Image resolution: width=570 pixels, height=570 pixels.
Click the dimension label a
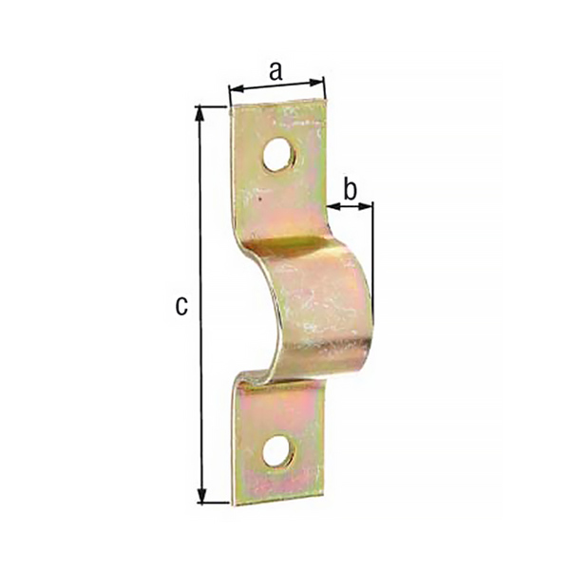point(275,71)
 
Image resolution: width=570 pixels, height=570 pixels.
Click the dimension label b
point(350,189)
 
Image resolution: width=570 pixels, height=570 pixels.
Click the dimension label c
point(181,306)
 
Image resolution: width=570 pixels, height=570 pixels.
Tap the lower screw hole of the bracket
point(279,452)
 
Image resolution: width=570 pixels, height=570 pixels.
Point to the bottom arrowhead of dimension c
point(201,495)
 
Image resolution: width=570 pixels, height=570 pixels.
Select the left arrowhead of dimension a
point(237,88)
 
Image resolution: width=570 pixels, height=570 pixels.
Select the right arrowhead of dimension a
point(315,83)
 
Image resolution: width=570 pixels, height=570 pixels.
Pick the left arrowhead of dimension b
point(333,207)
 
